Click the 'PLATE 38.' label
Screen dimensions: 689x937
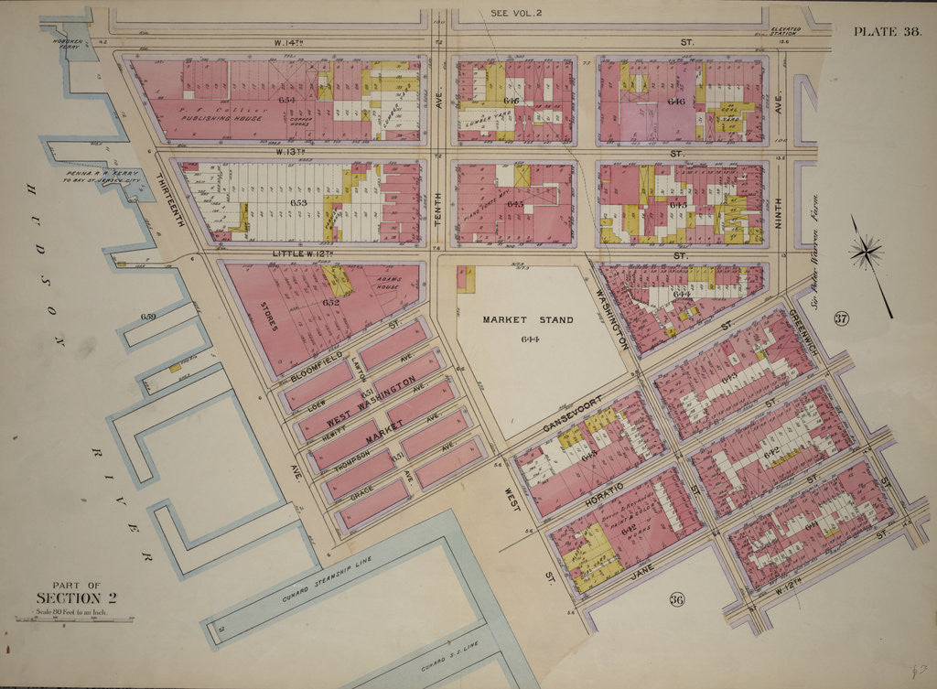pyautogui.click(x=887, y=32)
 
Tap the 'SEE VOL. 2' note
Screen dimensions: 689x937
pyautogui.click(x=517, y=14)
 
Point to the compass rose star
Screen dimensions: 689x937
pyautogui.click(x=865, y=250)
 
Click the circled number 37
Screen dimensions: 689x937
pyautogui.click(x=842, y=318)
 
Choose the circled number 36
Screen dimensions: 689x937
pyautogui.click(x=677, y=600)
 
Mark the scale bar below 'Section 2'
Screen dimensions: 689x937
pyautogui.click(x=73, y=620)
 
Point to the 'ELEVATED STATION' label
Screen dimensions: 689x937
pyautogui.click(x=785, y=32)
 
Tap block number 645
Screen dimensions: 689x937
pyautogui.click(x=515, y=203)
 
